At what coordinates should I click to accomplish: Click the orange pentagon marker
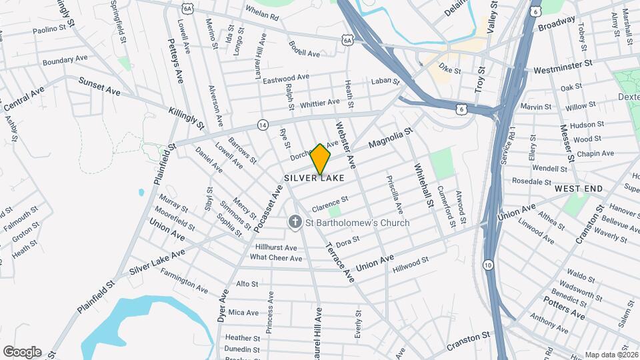(320, 159)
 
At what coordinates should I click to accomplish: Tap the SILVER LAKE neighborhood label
(315, 178)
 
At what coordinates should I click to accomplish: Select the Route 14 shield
(263, 125)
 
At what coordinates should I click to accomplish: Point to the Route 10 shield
(489, 265)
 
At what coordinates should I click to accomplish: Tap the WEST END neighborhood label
(579, 189)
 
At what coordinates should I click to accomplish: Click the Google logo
(22, 352)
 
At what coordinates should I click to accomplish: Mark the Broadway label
(556, 24)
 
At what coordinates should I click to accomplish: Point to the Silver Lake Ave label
(157, 261)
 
